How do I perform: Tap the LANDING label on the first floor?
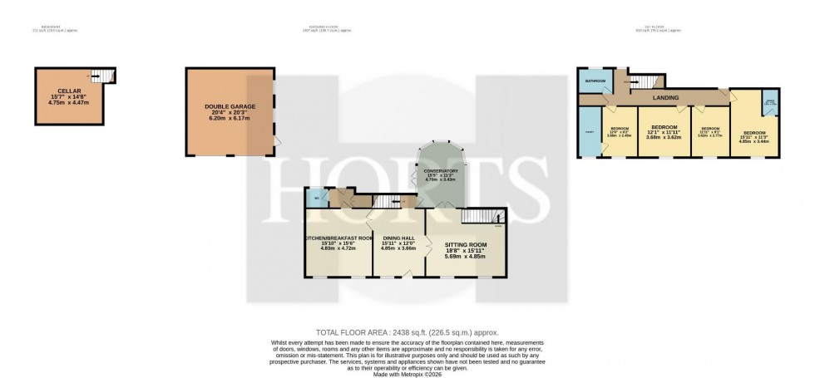coord(665,98)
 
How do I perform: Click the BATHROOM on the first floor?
coord(595,81)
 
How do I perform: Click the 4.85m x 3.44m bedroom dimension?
coord(753,141)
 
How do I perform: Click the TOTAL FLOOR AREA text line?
coord(407,331)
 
